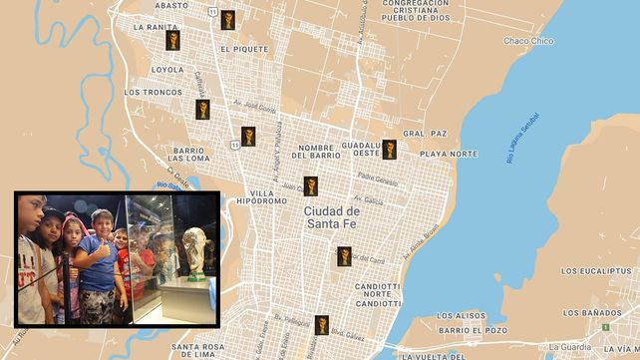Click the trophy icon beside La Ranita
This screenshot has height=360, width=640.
tap(172, 40)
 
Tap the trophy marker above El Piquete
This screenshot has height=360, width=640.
tap(228, 20)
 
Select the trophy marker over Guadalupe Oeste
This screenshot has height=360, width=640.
tap(390, 150)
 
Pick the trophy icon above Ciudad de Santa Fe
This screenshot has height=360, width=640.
tap(311, 185)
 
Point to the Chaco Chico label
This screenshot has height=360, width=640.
tap(527, 41)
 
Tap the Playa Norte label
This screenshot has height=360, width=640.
tap(448, 154)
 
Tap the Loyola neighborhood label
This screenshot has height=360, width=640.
tap(166, 70)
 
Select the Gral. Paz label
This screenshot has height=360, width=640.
tap(425, 133)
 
